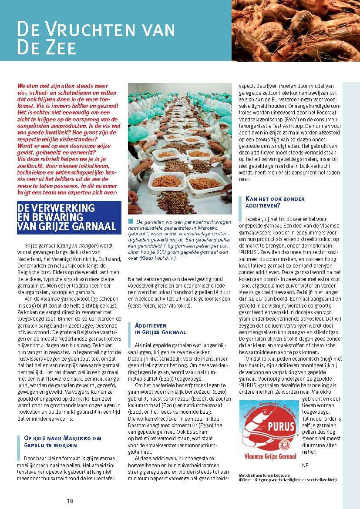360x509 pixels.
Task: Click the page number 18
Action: (x=70, y=500)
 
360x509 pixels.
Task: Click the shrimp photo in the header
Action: (x=296, y=30)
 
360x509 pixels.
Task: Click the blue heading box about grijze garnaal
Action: (x=69, y=218)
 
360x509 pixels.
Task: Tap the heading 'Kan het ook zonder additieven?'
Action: (x=275, y=202)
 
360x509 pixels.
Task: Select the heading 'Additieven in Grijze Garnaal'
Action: (x=160, y=328)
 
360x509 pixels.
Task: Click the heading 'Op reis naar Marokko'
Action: (x=62, y=442)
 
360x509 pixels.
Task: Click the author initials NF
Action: (x=304, y=465)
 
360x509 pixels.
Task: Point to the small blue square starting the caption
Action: (x=131, y=221)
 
